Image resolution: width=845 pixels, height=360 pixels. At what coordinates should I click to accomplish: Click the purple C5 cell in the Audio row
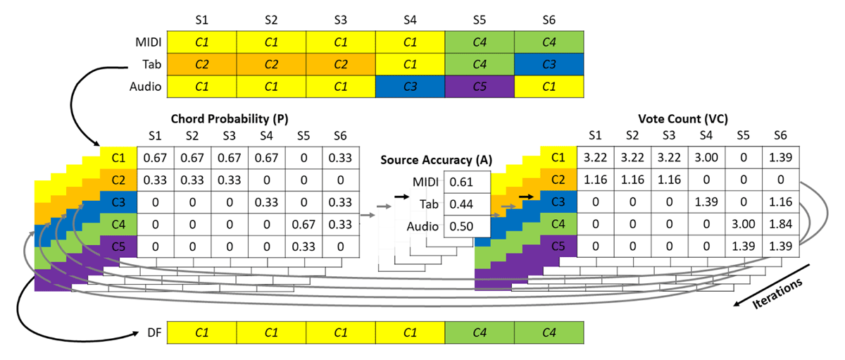480,87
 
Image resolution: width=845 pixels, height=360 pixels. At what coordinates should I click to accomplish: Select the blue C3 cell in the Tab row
549,64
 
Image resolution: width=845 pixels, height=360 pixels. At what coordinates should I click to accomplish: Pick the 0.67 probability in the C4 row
303,225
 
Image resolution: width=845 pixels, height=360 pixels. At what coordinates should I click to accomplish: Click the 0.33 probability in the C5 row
303,247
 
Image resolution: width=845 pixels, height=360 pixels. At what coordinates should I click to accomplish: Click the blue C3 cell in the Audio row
410,87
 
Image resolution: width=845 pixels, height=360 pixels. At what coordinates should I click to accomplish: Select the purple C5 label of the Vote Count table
557,247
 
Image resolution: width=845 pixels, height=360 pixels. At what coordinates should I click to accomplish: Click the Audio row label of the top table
145,87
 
